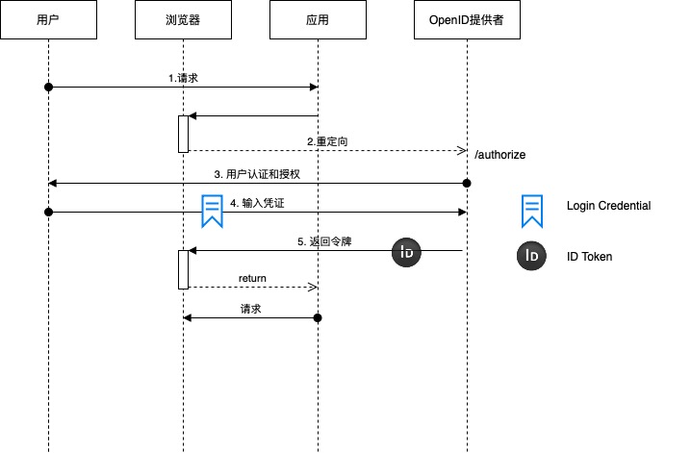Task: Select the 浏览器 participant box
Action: [183, 20]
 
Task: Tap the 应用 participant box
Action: [318, 20]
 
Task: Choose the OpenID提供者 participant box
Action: [467, 20]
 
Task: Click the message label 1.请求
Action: [183, 76]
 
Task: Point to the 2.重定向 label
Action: [327, 141]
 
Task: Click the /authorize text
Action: [499, 154]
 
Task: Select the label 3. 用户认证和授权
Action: [258, 174]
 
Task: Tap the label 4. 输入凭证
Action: [258, 203]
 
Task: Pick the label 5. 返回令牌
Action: [324, 241]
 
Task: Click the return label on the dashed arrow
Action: [252, 278]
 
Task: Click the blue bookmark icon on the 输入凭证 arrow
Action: [212, 211]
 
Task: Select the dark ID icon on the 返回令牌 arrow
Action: [406, 253]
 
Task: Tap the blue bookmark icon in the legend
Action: [531, 211]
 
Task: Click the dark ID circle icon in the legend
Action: [531, 256]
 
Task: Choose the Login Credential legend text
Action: [608, 206]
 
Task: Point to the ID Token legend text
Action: [589, 257]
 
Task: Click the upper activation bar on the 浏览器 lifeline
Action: [183, 134]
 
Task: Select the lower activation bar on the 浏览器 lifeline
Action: [183, 269]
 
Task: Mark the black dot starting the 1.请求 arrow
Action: [48, 88]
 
